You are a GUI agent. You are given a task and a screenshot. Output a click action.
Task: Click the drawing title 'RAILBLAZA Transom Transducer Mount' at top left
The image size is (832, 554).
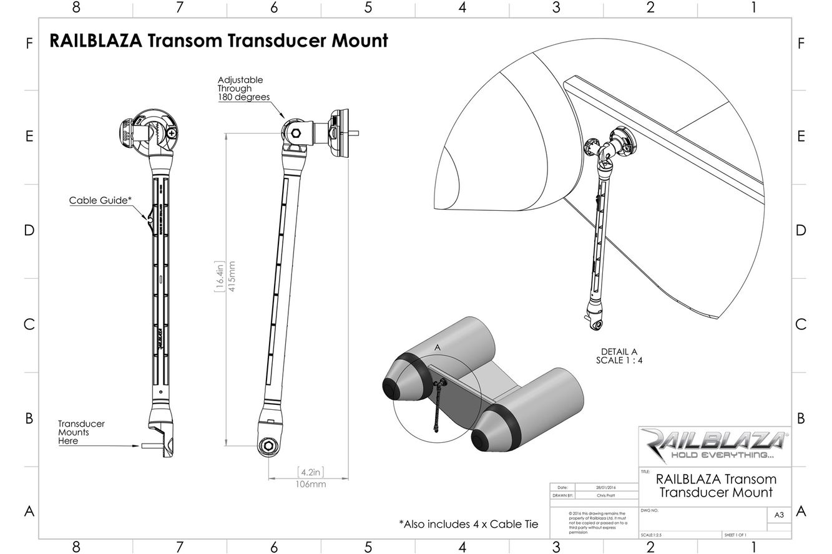click(x=218, y=41)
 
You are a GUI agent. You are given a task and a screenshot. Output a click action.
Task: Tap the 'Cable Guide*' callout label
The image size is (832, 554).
click(x=100, y=201)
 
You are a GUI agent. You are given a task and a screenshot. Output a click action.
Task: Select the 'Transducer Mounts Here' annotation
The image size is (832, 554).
click(x=81, y=432)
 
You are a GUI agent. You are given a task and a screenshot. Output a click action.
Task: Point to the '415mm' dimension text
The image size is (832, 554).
click(x=232, y=281)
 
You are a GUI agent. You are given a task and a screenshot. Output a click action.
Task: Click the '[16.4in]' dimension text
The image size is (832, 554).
click(x=220, y=281)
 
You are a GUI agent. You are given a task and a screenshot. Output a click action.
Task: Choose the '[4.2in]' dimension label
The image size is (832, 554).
click(x=310, y=472)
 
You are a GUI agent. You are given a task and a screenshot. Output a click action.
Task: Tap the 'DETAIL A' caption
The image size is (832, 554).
click(x=619, y=351)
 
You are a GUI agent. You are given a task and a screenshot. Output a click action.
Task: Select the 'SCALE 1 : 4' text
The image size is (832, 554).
click(x=619, y=360)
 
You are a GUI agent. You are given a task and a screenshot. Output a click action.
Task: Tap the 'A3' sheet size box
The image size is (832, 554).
click(x=778, y=515)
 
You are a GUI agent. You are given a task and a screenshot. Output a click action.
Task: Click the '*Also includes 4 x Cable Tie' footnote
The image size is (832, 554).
click(x=468, y=524)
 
